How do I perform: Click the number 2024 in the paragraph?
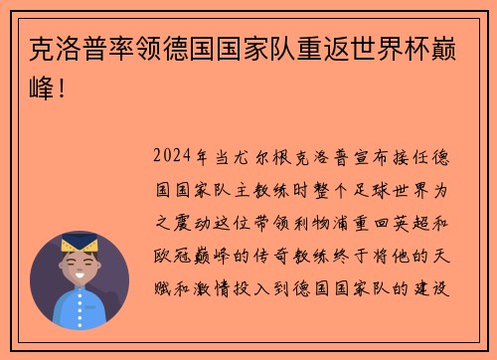coord(174,157)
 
